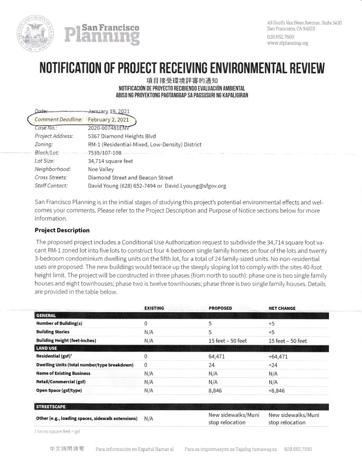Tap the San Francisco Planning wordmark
pos(102,34)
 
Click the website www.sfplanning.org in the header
pos(287,43)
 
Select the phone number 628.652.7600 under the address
pos(281,36)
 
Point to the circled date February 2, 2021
pos(105,119)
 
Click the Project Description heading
pos(62,230)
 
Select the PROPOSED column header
pos(220,308)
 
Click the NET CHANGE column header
pos(282,308)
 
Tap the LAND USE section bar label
pos(46,348)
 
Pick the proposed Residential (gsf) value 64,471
pos(217,357)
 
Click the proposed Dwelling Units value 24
pos(212,365)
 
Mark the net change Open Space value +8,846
pos(279,390)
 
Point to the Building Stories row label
pos(53,332)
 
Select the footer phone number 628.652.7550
pos(298,449)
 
